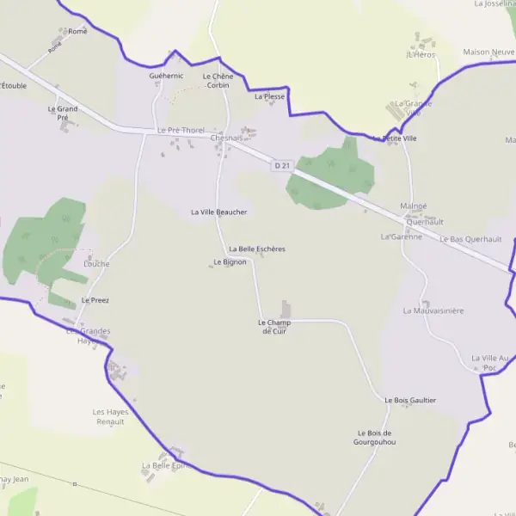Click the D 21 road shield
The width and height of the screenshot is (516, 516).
280,165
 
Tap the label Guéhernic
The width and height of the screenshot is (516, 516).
166,77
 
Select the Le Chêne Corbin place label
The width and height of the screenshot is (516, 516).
218,81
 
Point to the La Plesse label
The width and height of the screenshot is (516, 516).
269,97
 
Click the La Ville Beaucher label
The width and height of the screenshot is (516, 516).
219,212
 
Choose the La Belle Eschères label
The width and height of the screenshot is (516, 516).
256,249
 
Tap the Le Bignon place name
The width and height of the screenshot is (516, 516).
230,261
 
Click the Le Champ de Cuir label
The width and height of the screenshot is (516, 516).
274,326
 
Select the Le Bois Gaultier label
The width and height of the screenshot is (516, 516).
410,400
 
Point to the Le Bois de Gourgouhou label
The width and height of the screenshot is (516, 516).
374,437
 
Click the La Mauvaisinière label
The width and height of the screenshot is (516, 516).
433,310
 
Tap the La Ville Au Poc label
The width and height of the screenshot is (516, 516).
490,362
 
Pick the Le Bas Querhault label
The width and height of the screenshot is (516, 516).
470,239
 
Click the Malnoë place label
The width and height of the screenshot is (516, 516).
414,206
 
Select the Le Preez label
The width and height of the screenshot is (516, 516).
95,300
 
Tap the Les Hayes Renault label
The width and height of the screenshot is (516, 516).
110,417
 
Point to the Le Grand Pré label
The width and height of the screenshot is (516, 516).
63,113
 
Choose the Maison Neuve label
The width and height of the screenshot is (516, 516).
488,52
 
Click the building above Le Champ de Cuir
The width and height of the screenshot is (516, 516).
286,309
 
